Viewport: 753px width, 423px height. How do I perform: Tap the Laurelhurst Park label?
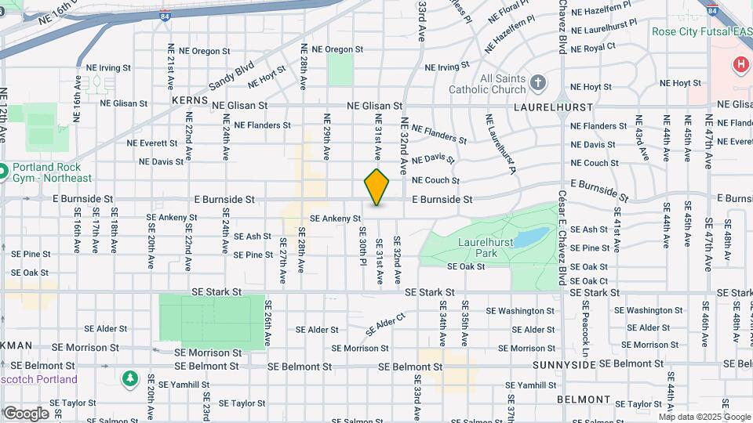pos(486,248)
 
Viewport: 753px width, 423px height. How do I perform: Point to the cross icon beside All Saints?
pos(537,82)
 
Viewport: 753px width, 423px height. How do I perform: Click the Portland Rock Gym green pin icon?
pos(3,171)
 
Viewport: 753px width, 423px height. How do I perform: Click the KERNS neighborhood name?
pos(191,101)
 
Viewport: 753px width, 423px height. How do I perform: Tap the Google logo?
pos(26,413)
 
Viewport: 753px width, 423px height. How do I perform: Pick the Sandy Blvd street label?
pos(232,75)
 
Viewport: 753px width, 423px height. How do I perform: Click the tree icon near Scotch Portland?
pos(129,379)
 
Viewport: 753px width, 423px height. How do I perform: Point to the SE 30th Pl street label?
pos(363,246)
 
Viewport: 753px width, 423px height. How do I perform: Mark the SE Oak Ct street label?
pos(589,280)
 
